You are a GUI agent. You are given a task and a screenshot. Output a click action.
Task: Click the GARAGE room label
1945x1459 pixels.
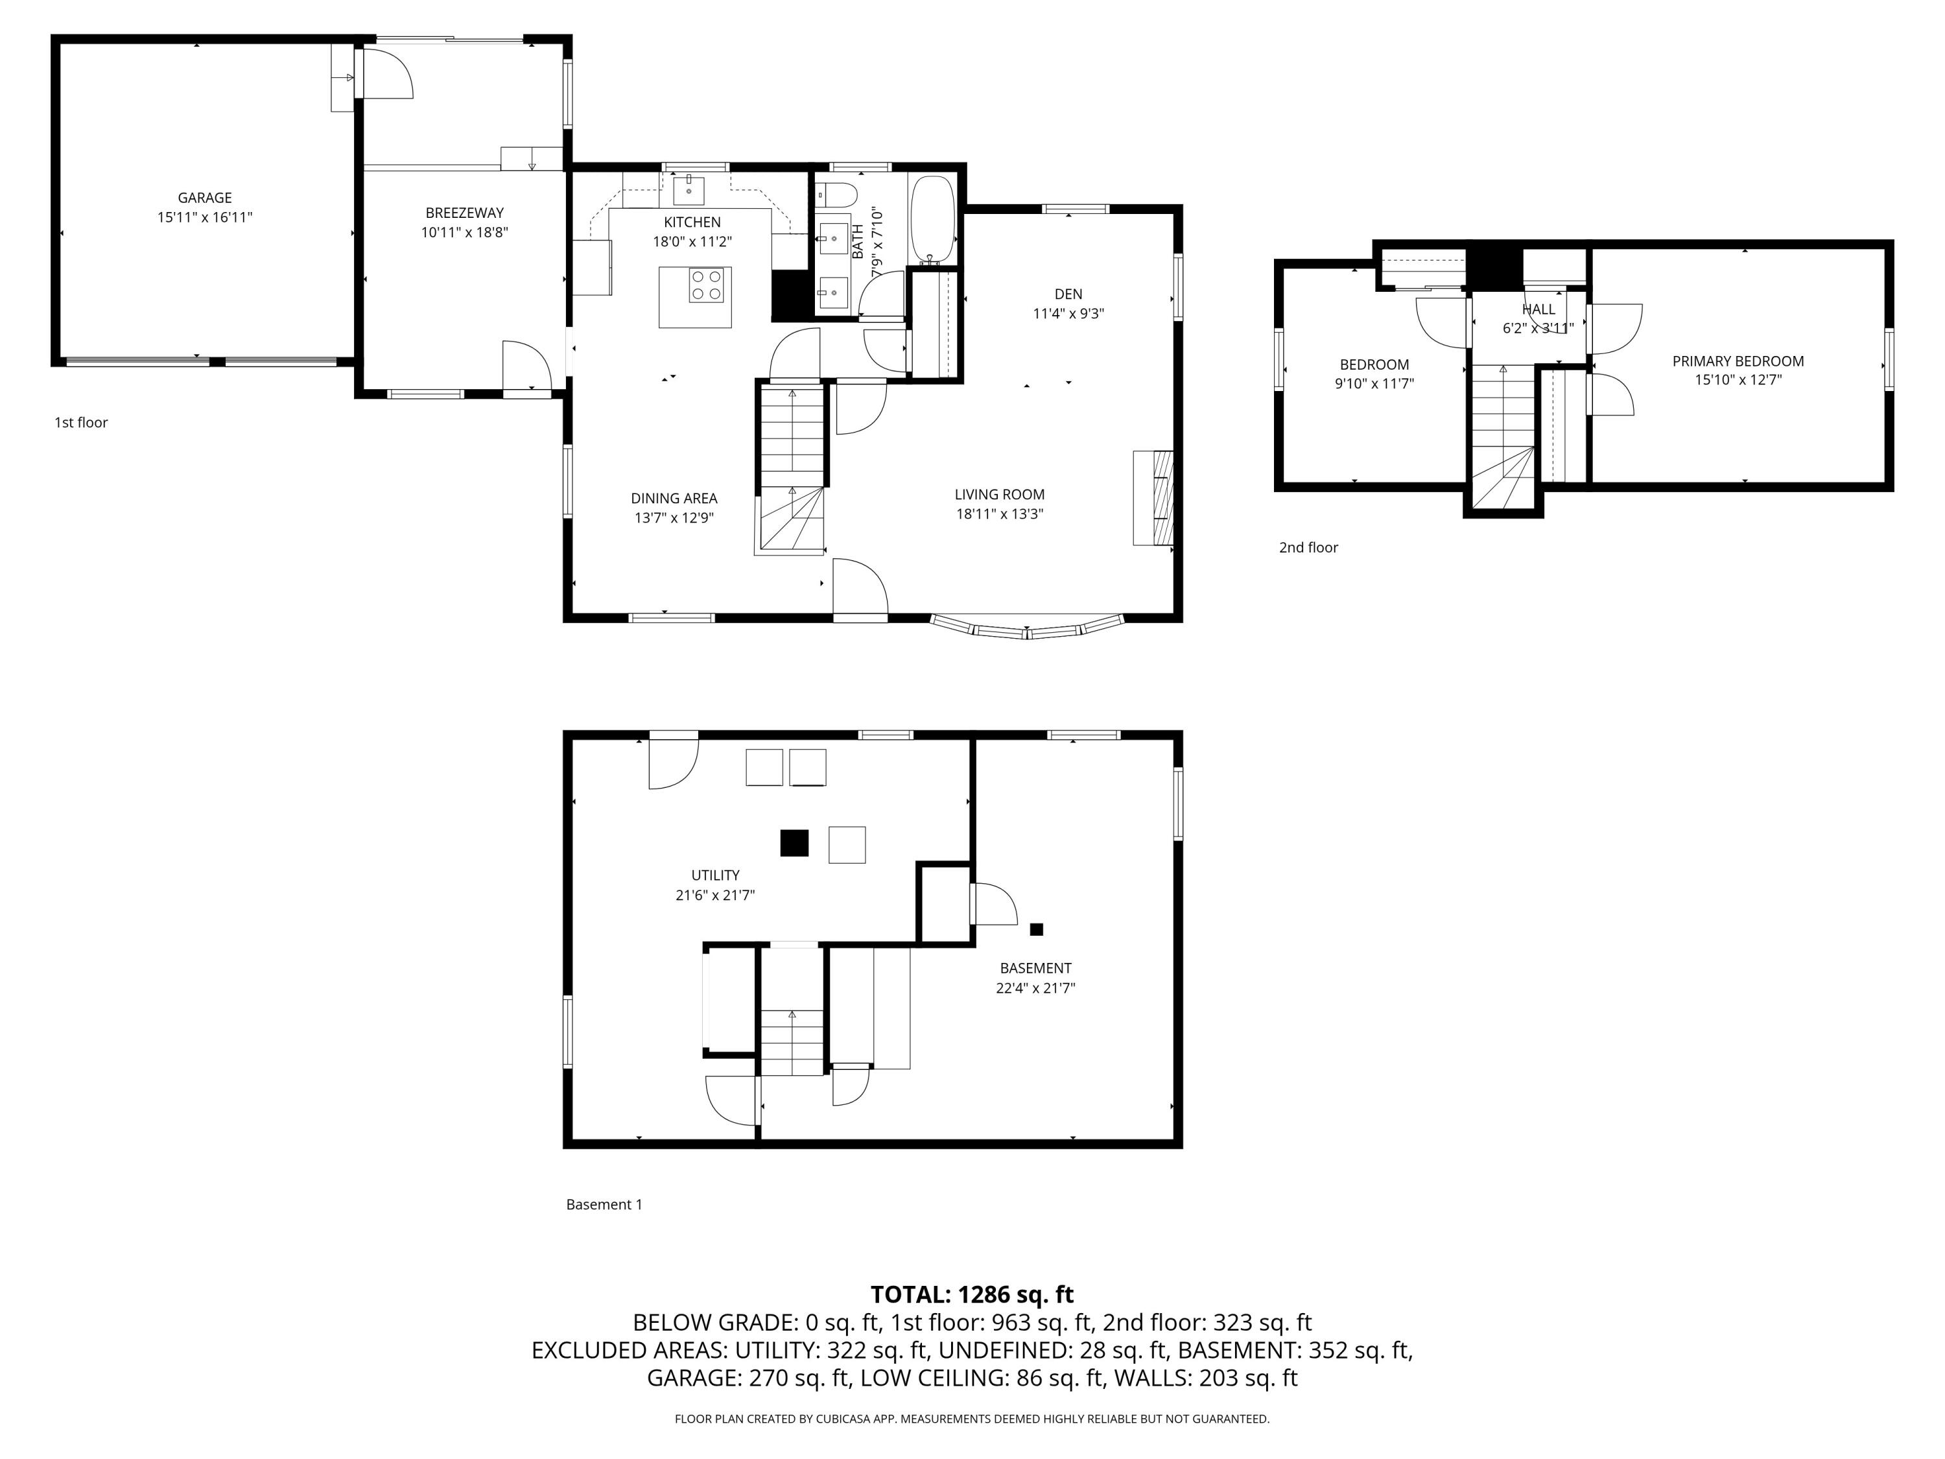205,198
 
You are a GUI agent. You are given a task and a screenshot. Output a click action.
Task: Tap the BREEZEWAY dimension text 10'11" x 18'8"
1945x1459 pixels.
464,232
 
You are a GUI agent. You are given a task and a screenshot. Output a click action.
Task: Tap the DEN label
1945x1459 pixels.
1068,294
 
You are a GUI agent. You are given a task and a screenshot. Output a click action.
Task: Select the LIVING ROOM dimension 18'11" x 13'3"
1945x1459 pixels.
1000,514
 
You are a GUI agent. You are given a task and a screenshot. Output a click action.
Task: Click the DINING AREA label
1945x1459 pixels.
674,498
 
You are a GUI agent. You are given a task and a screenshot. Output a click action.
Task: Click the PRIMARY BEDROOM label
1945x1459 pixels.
1738,361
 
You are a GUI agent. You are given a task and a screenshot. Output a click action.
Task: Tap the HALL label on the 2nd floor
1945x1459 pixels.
1538,309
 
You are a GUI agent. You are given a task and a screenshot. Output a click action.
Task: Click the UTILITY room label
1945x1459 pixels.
715,875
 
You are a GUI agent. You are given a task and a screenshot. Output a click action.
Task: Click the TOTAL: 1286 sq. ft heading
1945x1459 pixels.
972,1294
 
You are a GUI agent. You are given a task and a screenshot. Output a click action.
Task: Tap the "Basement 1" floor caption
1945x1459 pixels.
604,1204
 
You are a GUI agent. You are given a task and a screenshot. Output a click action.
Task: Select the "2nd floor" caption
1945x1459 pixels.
1308,547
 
